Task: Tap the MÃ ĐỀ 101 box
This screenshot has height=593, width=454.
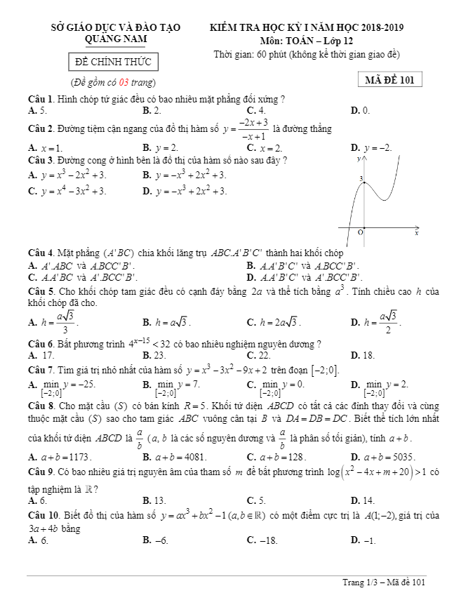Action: point(389,80)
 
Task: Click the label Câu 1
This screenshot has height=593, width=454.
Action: point(41,100)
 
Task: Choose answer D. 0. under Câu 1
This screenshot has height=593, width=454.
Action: point(360,110)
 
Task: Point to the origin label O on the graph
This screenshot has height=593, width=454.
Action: point(361,232)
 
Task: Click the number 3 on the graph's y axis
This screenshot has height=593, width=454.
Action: point(361,180)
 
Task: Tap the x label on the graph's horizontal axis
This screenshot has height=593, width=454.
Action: point(416,233)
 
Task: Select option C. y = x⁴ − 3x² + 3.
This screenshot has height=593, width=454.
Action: point(67,191)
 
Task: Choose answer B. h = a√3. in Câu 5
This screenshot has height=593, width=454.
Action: point(166,322)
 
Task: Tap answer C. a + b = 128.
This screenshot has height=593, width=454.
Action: point(277,457)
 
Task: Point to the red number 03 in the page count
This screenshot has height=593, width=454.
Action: point(124,84)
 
